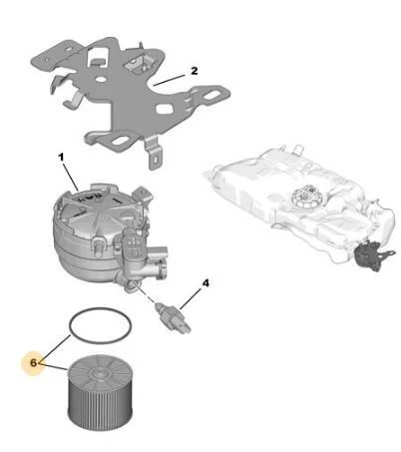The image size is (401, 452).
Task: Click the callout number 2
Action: tap(195, 71)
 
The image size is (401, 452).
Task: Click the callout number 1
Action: tap(61, 157)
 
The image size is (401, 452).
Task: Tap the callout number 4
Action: tap(205, 283)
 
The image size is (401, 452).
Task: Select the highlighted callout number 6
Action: tap(33, 363)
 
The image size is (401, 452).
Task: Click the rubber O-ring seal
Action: tap(100, 308)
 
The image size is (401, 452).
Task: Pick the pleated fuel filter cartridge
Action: tap(101, 391)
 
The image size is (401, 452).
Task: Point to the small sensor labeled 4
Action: tap(173, 318)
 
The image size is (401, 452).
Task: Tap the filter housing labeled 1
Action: tap(107, 236)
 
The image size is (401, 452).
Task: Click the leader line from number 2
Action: tap(169, 80)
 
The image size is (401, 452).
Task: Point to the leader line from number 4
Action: tap(191, 298)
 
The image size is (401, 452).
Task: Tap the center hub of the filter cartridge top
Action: tap(98, 374)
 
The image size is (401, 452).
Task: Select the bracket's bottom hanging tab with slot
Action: tap(154, 154)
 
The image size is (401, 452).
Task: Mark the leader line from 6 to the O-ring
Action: tap(55, 349)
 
